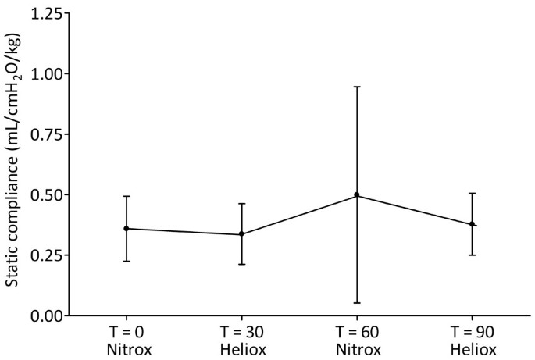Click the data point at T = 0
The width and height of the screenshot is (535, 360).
coord(127,229)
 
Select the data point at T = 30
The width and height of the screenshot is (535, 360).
coord(242,233)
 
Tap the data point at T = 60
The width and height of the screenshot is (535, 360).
coord(357,194)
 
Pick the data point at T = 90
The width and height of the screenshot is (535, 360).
coord(472,224)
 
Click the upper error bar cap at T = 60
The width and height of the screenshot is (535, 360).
coord(357,87)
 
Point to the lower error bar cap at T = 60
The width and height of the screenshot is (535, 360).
coord(357,302)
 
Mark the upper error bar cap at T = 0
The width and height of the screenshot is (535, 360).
coord(127,196)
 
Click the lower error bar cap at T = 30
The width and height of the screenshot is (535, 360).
coord(242,264)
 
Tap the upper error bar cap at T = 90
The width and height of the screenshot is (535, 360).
coord(472,193)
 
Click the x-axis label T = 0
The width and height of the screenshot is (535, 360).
coord(127,330)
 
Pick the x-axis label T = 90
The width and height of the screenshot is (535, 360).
coord(472,330)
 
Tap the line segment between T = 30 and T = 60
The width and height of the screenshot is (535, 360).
coord(299,214)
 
